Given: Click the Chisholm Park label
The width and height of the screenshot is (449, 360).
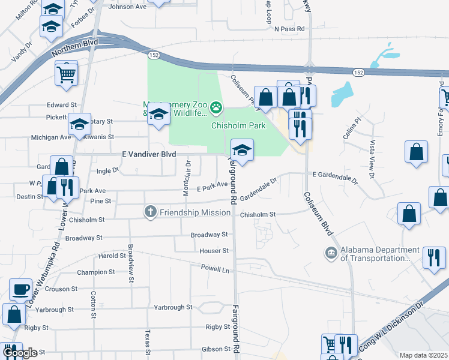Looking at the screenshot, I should (x=238, y=125).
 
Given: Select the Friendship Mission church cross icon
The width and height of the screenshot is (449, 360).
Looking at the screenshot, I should (x=151, y=212).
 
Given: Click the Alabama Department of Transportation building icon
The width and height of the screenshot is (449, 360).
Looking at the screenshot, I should (x=331, y=254).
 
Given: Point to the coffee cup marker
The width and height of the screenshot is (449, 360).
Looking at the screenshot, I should (x=20, y=289).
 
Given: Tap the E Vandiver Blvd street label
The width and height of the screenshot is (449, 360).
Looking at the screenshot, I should (x=149, y=154).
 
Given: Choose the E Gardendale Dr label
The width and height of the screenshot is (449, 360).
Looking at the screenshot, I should (x=335, y=175).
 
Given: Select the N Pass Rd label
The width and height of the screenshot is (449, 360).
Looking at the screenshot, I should (x=289, y=28).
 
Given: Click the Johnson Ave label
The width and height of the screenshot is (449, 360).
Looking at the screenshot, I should (x=127, y=7).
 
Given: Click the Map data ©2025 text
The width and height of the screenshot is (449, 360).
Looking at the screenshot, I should (x=423, y=355).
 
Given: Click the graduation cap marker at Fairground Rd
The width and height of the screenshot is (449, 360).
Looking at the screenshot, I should (x=241, y=151).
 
